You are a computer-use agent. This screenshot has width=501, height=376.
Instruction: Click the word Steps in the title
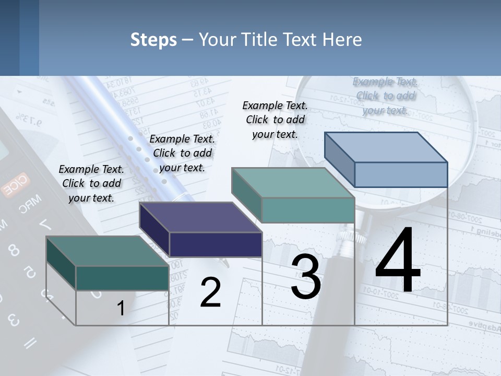153,40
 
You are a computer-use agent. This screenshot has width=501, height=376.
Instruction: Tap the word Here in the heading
342,40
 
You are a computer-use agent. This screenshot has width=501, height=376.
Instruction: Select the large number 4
398,261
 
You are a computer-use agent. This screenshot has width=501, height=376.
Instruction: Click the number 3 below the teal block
306,277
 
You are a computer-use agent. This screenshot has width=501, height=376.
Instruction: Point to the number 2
210,292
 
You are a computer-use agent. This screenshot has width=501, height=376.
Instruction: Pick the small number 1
121,309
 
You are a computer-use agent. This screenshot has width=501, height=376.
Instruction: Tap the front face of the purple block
216,244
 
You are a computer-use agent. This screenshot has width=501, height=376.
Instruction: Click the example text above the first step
91,183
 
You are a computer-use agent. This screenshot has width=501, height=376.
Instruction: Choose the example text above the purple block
182,153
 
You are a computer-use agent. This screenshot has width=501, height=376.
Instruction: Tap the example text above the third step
275,120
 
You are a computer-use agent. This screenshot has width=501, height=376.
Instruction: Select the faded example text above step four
385,96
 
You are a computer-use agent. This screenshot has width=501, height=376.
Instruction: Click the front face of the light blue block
401,174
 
